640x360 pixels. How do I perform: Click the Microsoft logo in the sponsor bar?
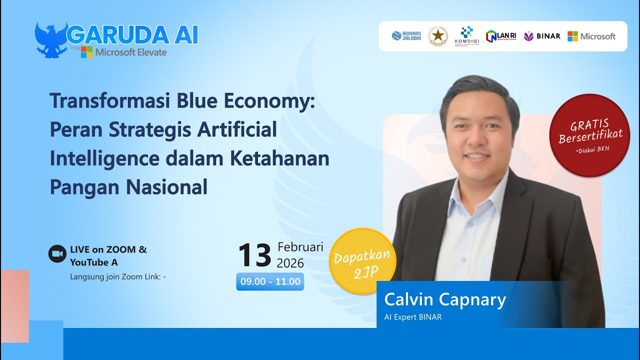coord(591,36)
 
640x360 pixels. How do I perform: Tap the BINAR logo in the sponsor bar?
coord(541,36)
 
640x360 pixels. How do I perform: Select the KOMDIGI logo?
coord(466,36)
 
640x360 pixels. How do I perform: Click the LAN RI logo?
coord(500,36)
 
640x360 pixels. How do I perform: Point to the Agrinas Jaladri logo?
coord(406,36)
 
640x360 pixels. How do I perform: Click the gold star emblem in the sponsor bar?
coord(438,36)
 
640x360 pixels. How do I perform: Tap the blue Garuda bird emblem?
coord(51,40)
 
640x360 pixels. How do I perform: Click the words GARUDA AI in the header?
coord(132,34)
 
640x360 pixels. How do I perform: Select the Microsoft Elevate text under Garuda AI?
coord(131,52)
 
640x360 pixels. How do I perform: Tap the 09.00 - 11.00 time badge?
coord(270,281)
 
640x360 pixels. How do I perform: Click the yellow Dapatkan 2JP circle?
coord(362,261)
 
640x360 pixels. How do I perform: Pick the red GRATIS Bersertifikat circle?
coord(589,135)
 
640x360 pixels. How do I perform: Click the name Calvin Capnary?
coord(445,299)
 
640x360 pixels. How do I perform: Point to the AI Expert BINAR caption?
coord(412,317)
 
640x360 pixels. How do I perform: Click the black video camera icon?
coord(57,254)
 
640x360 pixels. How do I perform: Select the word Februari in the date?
coord(300,247)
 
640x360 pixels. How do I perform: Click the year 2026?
coord(290,263)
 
